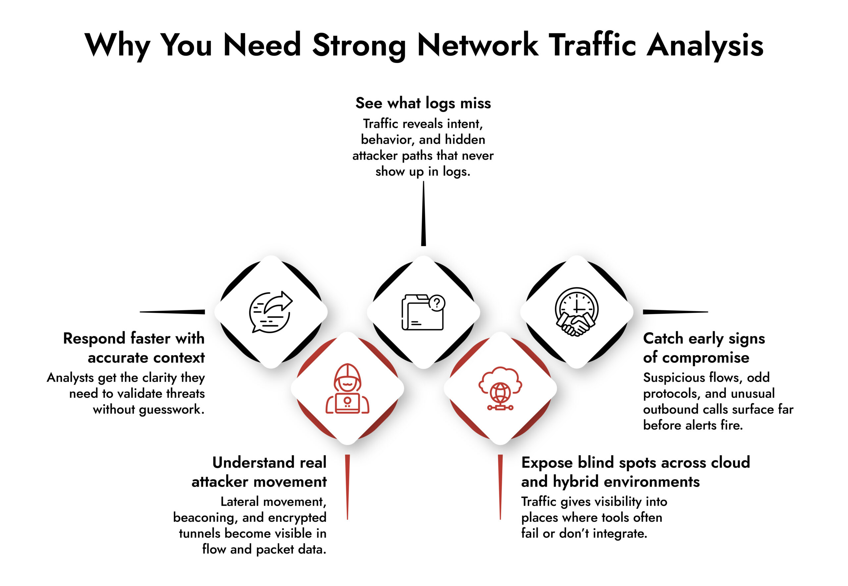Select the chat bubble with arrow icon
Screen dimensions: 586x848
(271, 312)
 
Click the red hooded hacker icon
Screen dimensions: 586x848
(347, 389)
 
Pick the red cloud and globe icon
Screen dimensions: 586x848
(500, 389)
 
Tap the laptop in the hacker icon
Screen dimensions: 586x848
(347, 403)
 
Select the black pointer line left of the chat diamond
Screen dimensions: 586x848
(173, 312)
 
